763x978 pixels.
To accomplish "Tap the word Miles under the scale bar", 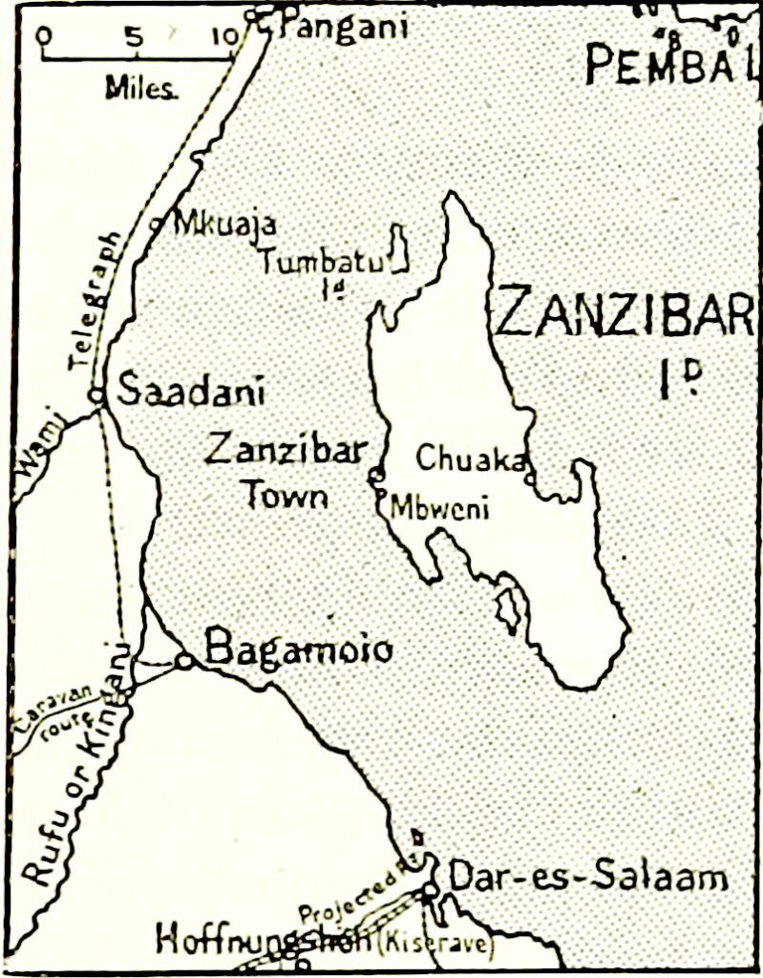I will (140, 89).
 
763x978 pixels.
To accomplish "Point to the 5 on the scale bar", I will (133, 37).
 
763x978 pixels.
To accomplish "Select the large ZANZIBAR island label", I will (625, 311).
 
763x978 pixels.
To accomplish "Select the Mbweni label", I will (440, 508).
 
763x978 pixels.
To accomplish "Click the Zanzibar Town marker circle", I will (376, 474).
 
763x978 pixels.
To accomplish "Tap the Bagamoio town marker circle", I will (184, 660).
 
